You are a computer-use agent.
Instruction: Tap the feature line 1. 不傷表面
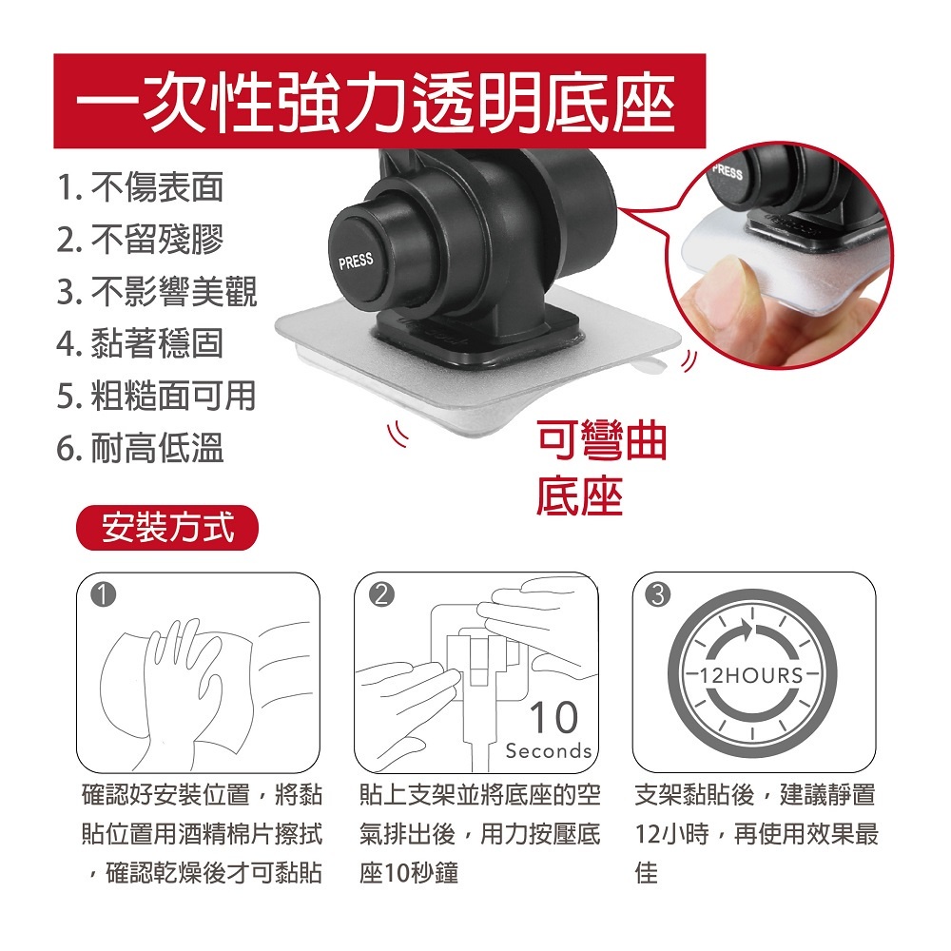coord(140,186)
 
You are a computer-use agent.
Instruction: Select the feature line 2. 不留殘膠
coord(140,239)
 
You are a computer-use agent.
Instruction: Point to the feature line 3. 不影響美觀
coord(157,291)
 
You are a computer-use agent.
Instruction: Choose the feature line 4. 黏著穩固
coord(140,343)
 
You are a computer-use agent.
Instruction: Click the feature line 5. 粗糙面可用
coord(157,396)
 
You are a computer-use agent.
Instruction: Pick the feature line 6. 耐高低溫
coord(140,448)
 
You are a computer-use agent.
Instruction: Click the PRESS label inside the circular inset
coord(728,171)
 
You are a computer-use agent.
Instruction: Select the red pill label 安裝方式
coord(167,528)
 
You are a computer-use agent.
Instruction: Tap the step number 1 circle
coord(103,595)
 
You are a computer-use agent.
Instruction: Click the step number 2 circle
coord(381,595)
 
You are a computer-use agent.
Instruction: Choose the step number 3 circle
coord(659,595)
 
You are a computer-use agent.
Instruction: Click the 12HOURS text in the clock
coord(752,675)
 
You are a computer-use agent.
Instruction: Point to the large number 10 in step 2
coord(554,717)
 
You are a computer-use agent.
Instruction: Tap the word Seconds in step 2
coord(549,751)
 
